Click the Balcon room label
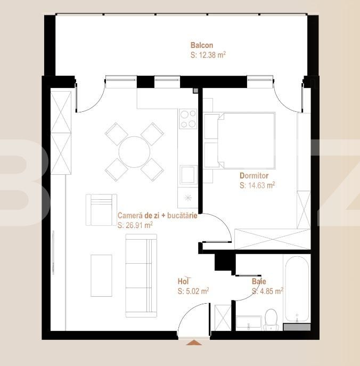202,45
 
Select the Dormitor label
254,175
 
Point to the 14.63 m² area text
257,185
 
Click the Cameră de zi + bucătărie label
157,216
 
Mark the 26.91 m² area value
135,225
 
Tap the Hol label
184,281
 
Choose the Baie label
259,281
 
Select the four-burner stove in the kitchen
188,119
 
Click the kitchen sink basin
189,174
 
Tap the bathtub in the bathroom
296,288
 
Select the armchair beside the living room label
101,209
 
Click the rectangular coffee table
101,275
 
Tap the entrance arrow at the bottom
194,343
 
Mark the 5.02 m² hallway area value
193,291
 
